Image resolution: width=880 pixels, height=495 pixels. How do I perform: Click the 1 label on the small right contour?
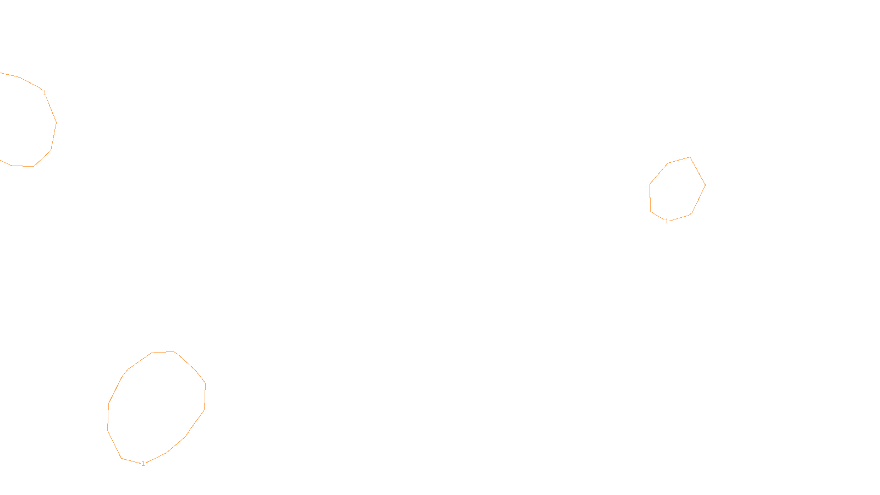pos(667,221)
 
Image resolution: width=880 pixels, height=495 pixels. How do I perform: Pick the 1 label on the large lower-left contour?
pos(143,464)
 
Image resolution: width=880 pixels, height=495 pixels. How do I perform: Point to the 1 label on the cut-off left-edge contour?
pos(45,93)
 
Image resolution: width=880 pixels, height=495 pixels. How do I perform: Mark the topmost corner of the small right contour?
pos(690,157)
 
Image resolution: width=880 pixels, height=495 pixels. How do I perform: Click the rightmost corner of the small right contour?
pos(705,185)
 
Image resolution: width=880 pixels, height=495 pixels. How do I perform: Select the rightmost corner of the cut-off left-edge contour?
pos(56,122)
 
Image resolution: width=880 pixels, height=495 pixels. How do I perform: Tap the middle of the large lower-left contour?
pos(157,407)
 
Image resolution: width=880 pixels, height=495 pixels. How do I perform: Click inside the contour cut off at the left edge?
pos(22,121)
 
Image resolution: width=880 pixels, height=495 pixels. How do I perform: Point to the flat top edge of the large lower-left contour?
pos(163,352)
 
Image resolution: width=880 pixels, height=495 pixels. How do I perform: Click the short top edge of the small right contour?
pos(679,160)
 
